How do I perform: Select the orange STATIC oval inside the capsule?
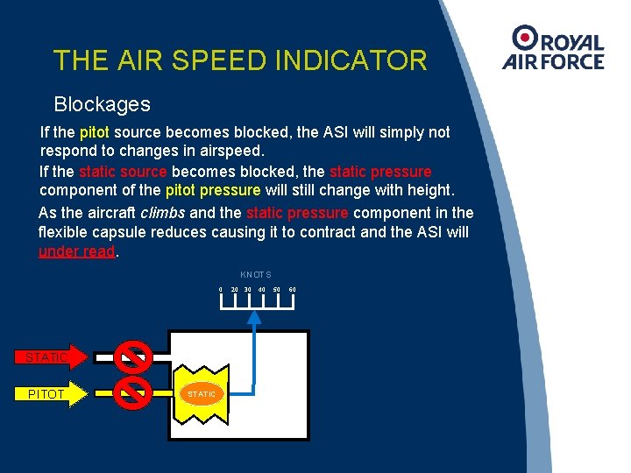tap(202, 394)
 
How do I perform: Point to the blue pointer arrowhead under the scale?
tap(255, 317)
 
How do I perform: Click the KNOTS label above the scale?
tap(256, 275)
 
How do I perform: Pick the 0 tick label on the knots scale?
tap(220, 290)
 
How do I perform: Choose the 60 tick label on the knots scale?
tap(292, 290)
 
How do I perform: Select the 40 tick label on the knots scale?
tap(262, 290)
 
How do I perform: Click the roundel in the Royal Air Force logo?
tap(526, 37)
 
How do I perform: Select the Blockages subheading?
tap(102, 104)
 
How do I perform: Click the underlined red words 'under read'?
tap(77, 252)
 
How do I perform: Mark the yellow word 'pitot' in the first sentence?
tap(94, 132)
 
